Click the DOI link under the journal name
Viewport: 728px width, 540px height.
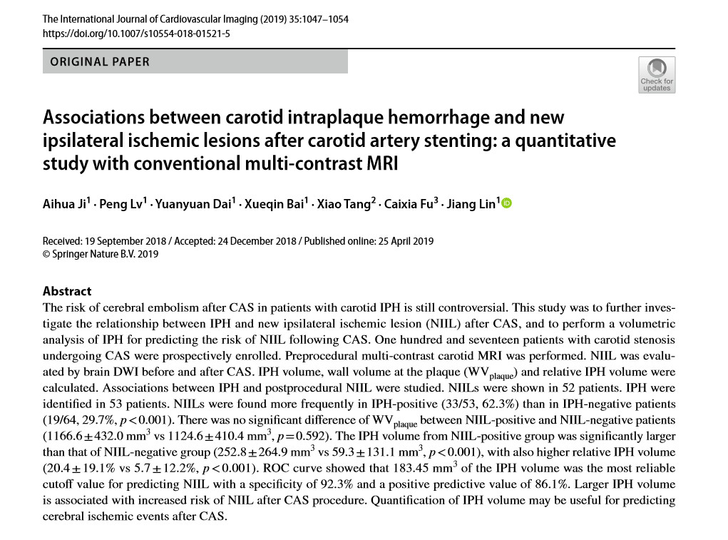pos(136,34)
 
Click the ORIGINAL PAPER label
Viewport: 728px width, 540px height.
pos(100,61)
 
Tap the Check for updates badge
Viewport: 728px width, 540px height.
pos(656,75)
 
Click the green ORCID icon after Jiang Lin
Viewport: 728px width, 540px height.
pos(507,204)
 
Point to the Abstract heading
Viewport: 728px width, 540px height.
pos(67,291)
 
